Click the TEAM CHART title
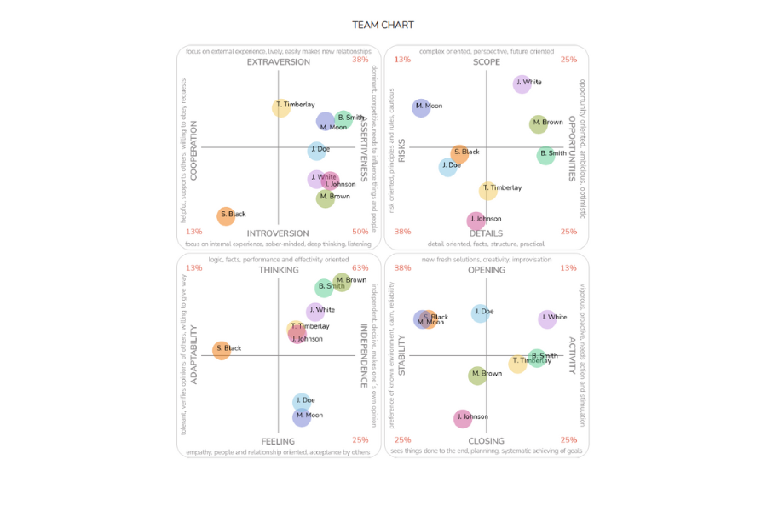pyautogui.click(x=383, y=25)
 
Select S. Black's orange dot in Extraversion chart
pyautogui.click(x=226, y=215)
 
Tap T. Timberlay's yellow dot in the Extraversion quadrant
pyautogui.click(x=281, y=107)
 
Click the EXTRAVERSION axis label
pyautogui.click(x=278, y=62)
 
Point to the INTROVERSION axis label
pyautogui.click(x=278, y=233)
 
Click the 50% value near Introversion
pyautogui.click(x=360, y=232)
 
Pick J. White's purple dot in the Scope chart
pyautogui.click(x=522, y=83)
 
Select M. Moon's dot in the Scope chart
pyautogui.click(x=421, y=107)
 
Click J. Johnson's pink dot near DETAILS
pyautogui.click(x=476, y=221)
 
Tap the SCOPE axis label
pyautogui.click(x=486, y=62)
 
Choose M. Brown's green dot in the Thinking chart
pyautogui.click(x=342, y=281)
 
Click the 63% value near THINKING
pyautogui.click(x=360, y=268)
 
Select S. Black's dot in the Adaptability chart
pyautogui.click(x=222, y=349)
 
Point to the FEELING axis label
pyautogui.click(x=278, y=441)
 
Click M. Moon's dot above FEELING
pyautogui.click(x=302, y=416)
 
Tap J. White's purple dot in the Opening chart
pyautogui.click(x=547, y=319)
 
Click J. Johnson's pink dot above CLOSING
pyautogui.click(x=463, y=417)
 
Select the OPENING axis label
pyautogui.click(x=486, y=270)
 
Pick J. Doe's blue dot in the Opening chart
pyautogui.click(x=481, y=313)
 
